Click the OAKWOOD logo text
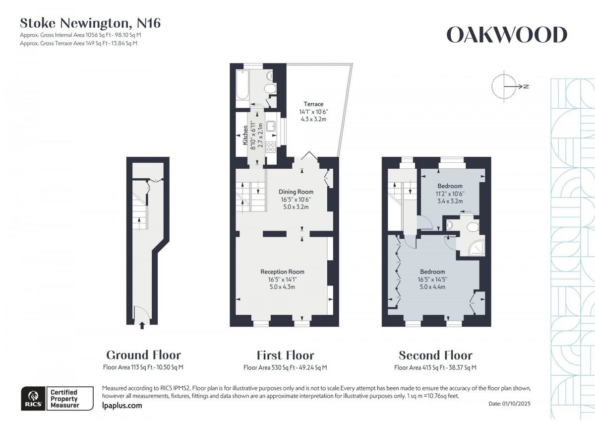507,35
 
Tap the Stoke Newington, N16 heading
90,23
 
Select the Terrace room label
313,104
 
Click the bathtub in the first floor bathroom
242,84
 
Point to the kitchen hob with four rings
271,147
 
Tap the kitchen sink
271,127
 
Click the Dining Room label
296,192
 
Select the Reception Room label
282,272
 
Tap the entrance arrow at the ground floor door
142,326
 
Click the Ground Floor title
143,355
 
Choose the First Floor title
285,355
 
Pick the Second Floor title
436,355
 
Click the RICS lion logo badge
34,398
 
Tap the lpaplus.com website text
122,406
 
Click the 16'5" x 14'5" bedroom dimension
432,280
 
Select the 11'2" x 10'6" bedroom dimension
450,194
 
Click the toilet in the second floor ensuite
473,227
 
